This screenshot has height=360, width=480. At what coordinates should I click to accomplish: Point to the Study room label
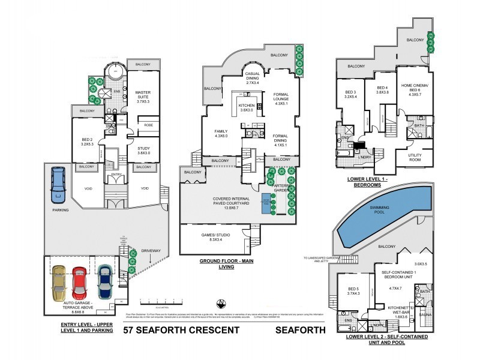click(143, 150)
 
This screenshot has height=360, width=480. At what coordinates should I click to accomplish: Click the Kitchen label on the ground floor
click(247, 107)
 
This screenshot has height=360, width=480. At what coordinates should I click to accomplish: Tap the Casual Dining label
click(251, 79)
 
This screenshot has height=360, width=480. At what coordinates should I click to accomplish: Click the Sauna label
click(427, 314)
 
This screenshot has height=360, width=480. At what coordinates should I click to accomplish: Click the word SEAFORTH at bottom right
click(300, 329)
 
